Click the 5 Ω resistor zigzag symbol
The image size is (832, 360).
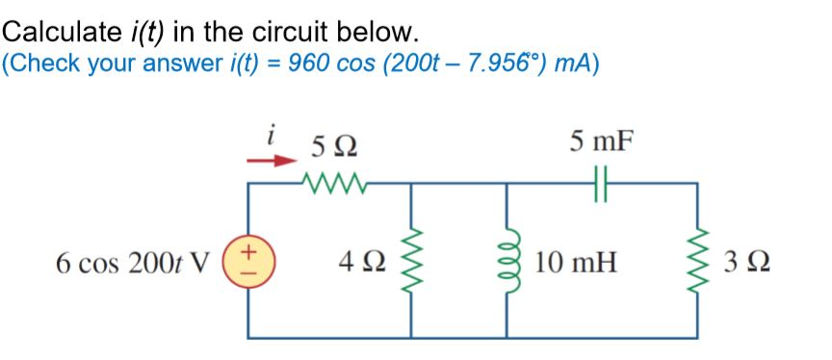tap(327, 181)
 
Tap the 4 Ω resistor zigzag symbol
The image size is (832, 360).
tap(413, 260)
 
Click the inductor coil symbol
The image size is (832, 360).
tap(507, 260)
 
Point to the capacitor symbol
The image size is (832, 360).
tap(603, 181)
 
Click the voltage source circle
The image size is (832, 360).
tap(250, 260)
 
